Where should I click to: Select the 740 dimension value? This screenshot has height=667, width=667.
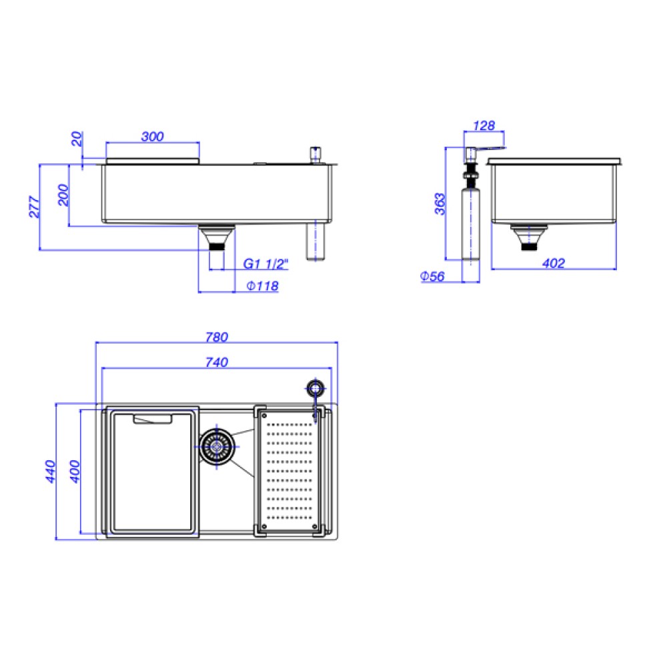click(x=217, y=362)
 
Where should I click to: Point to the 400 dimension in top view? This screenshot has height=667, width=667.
click(x=75, y=472)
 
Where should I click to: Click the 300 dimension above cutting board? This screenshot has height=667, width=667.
click(x=153, y=137)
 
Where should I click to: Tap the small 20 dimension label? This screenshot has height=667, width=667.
click(x=77, y=139)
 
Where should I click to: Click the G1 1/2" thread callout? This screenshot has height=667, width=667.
click(x=265, y=264)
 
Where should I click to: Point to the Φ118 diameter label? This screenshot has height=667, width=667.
click(x=262, y=286)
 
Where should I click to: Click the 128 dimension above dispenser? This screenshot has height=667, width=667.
click(x=484, y=125)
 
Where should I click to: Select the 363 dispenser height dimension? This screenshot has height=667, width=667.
click(x=440, y=204)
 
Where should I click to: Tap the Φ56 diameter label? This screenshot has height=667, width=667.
click(x=433, y=276)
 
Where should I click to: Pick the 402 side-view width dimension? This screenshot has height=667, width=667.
click(x=553, y=263)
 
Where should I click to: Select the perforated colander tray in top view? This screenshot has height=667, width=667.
click(x=290, y=471)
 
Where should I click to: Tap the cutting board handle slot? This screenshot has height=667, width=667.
click(x=153, y=419)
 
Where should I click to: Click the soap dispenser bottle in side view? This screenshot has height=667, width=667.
click(x=470, y=227)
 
